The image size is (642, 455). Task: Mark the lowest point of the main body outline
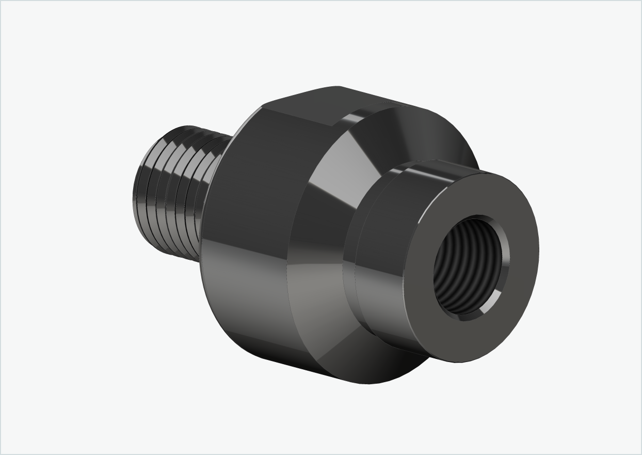[369, 384]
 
